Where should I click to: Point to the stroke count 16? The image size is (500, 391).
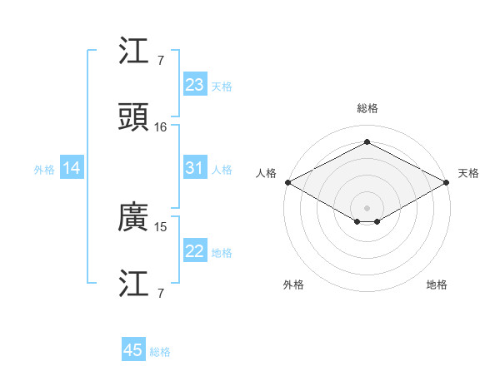tap(161, 127)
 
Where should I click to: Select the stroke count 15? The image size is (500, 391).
tap(161, 226)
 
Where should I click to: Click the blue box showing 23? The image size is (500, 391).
tap(194, 85)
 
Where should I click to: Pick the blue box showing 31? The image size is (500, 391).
tap(194, 168)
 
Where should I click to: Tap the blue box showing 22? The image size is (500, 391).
tap(194, 251)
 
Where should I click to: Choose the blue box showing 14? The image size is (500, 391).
tap(72, 168)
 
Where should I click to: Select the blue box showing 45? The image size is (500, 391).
tap(133, 350)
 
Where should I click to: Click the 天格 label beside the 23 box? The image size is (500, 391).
tap(221, 87)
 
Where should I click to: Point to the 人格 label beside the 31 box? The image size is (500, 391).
tap(221, 170)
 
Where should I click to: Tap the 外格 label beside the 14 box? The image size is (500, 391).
tap(44, 170)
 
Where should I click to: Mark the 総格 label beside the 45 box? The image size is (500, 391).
tap(160, 352)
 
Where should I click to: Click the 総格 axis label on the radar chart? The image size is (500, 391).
tap(367, 109)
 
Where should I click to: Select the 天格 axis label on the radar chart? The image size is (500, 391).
tap(469, 173)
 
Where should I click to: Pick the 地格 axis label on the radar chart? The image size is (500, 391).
tap(437, 285)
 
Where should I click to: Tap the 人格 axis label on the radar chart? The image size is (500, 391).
tap(266, 173)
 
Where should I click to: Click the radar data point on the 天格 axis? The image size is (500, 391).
tap(447, 182)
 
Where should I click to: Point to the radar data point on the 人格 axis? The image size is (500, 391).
tap(287, 182)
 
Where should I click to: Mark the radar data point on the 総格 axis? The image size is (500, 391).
tap(367, 141)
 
